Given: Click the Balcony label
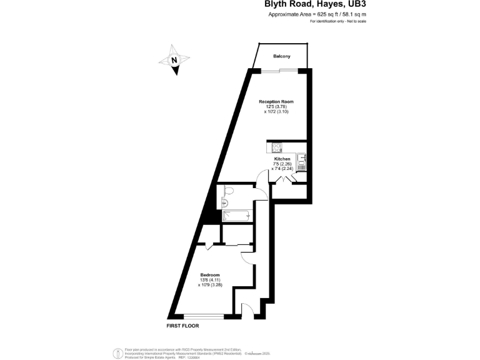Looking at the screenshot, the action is coord(281,57).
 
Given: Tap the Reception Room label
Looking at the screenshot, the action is coord(276,101).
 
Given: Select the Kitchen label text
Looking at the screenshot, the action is coord(282,159).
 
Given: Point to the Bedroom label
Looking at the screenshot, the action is coord(210,275).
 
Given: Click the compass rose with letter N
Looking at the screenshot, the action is coord(175,61).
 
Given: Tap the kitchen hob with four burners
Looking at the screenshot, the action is coord(276,148).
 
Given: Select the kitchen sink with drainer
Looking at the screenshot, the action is coord(301,162).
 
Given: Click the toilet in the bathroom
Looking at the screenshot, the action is coord(227,191).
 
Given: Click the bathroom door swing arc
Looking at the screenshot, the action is coord(261,190).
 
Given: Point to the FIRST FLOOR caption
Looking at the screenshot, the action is coord(183,326).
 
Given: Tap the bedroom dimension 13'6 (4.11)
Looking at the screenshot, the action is coord(210,280).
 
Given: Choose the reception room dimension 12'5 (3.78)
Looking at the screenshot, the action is coord(276,106).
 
